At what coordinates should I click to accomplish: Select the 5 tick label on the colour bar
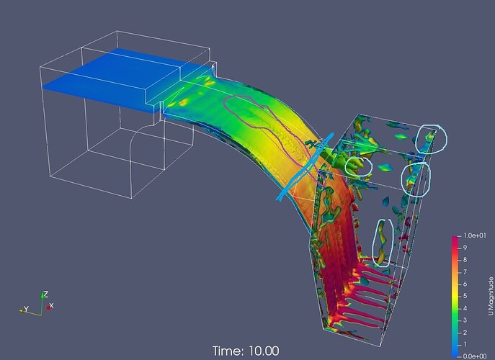[x=465, y=296]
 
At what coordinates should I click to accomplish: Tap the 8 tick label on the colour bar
[x=465, y=260]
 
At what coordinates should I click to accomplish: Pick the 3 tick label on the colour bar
[x=465, y=320]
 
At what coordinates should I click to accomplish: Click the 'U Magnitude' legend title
[x=491, y=296]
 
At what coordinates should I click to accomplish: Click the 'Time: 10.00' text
[x=246, y=351]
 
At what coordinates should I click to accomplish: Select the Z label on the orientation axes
[x=46, y=294]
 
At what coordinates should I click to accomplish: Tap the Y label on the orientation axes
[x=27, y=309]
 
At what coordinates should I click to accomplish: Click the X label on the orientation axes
[x=51, y=306]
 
